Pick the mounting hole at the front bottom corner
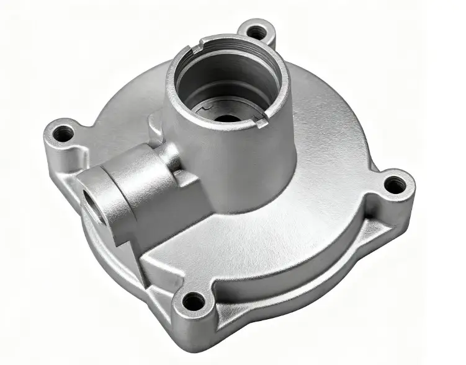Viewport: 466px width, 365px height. (x=194, y=302)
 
